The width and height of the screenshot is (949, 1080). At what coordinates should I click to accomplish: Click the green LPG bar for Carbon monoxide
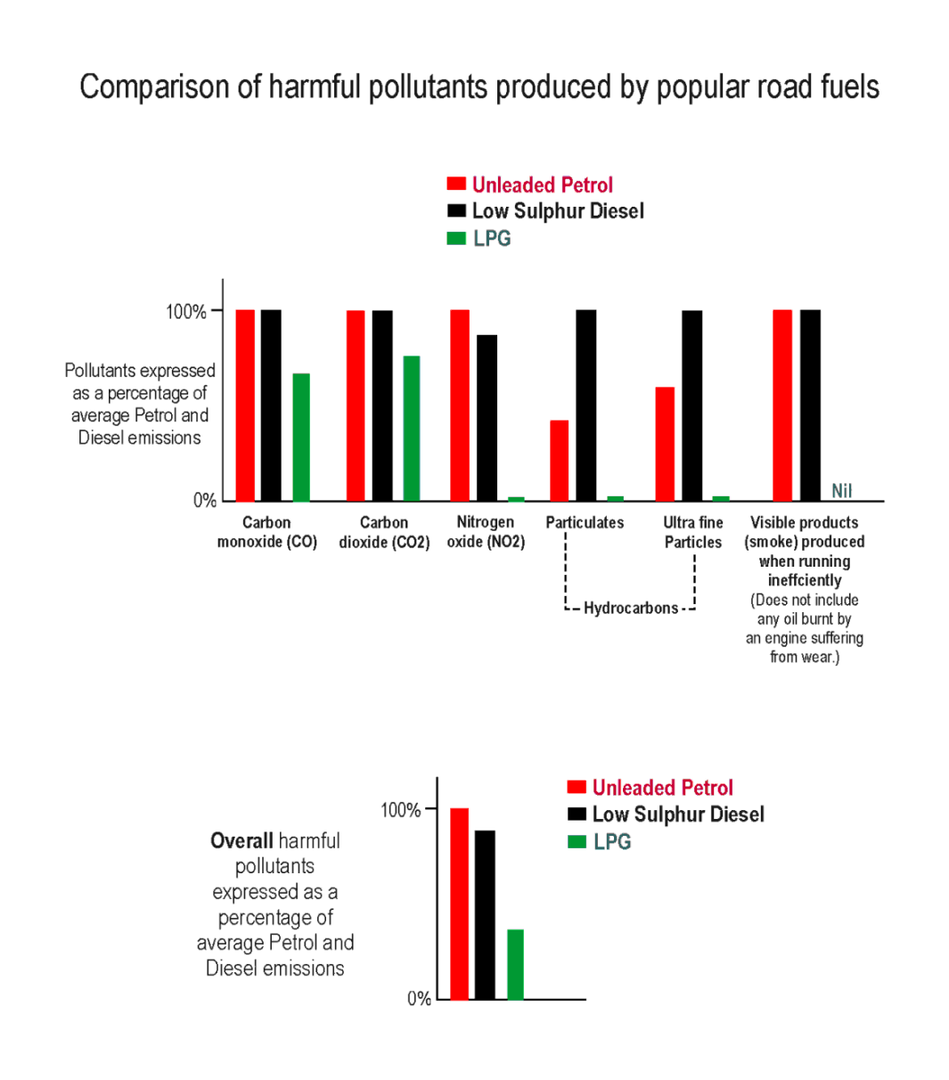pyautogui.click(x=301, y=437)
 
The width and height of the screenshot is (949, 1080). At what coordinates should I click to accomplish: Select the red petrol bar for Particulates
pyautogui.click(x=559, y=460)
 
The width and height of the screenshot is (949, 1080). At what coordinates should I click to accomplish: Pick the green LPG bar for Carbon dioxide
pyautogui.click(x=411, y=428)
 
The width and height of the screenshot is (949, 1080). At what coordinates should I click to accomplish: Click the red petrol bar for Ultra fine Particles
pyautogui.click(x=665, y=444)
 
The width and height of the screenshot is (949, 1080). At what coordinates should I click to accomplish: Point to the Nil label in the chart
pyautogui.click(x=841, y=491)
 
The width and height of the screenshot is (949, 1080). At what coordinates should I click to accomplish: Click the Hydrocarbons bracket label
pyautogui.click(x=630, y=609)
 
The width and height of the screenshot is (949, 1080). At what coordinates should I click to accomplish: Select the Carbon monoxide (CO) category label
pyautogui.click(x=266, y=532)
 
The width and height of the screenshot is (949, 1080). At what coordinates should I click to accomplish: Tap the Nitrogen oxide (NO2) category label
pyautogui.click(x=486, y=532)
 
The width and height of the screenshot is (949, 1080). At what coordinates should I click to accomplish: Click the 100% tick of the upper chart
pyautogui.click(x=186, y=311)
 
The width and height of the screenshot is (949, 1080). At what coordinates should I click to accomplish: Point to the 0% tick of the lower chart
pyautogui.click(x=419, y=999)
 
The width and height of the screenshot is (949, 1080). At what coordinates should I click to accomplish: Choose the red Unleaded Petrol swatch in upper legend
pyautogui.click(x=456, y=184)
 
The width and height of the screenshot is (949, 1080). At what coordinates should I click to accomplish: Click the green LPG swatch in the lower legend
pyautogui.click(x=577, y=841)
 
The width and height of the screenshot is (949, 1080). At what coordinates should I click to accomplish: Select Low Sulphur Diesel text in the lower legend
pyautogui.click(x=678, y=814)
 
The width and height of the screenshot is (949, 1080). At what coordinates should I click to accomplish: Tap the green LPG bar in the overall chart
pyautogui.click(x=515, y=964)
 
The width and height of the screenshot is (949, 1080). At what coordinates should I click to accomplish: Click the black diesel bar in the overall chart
pyautogui.click(x=485, y=914)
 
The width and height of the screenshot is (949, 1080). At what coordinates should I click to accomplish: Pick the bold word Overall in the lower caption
pyautogui.click(x=241, y=840)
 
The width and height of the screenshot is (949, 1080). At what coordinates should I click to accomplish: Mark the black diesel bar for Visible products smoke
pyautogui.click(x=810, y=405)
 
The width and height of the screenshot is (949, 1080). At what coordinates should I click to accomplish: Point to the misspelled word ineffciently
pyautogui.click(x=804, y=580)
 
